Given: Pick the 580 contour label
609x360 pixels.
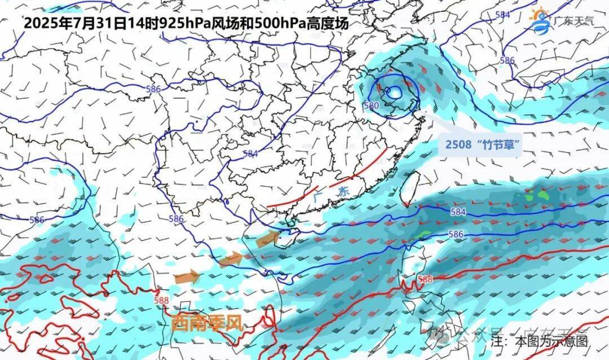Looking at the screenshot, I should click(x=371, y=106).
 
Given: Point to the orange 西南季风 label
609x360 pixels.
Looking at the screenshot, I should click(x=206, y=323).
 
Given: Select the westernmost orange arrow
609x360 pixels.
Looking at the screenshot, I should click(x=187, y=277).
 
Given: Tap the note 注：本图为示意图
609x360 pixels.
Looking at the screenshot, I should click(x=539, y=341).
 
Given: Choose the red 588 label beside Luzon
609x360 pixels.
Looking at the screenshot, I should click(x=425, y=279).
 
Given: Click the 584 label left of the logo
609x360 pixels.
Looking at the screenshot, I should click(x=502, y=15).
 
